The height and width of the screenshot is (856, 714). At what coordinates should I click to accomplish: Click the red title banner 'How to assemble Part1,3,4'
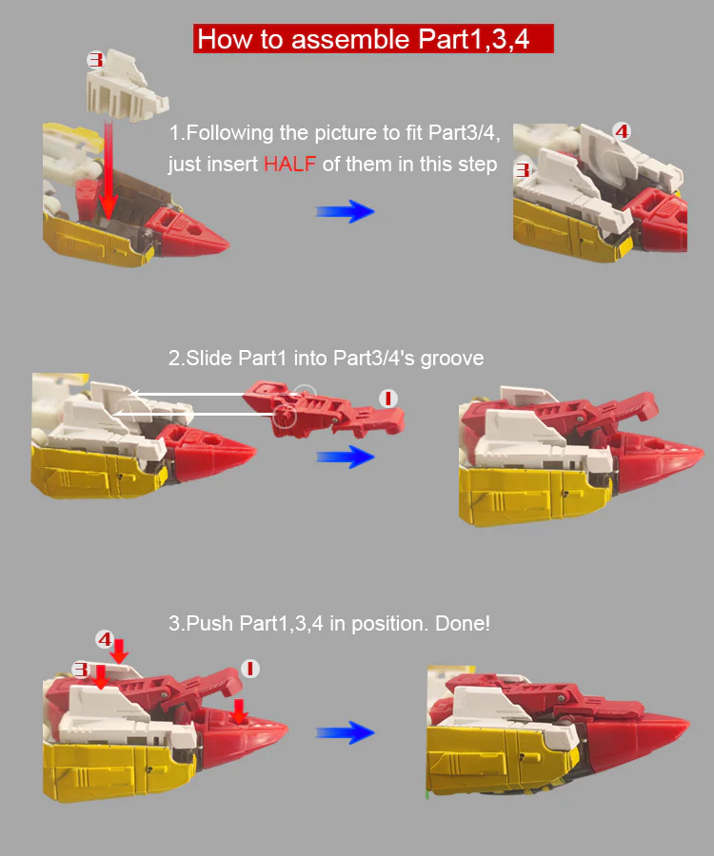coord(373,39)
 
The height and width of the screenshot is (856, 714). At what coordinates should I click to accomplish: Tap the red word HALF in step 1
coord(289,165)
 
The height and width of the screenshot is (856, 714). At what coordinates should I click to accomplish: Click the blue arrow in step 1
coord(346,211)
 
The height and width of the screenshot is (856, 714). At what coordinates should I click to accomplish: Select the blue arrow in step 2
coord(346,457)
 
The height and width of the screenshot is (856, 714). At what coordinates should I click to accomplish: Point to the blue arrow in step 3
coord(346,732)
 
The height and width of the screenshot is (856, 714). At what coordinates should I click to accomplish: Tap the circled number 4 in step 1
coord(622,131)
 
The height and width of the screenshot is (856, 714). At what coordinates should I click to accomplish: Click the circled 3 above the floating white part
coord(95,60)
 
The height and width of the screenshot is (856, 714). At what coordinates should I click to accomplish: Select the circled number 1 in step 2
coord(388,399)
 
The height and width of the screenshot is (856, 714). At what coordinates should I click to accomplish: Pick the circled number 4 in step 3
coord(105,639)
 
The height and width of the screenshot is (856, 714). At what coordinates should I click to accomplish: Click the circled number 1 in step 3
coord(250,669)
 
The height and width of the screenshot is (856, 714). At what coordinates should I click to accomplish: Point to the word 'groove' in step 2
coord(452,359)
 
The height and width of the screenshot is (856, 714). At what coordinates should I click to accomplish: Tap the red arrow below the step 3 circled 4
coord(120,652)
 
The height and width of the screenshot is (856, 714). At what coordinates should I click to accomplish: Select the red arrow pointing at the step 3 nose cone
coord(239,710)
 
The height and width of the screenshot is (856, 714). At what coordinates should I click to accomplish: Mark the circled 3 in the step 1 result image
coord(523,170)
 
